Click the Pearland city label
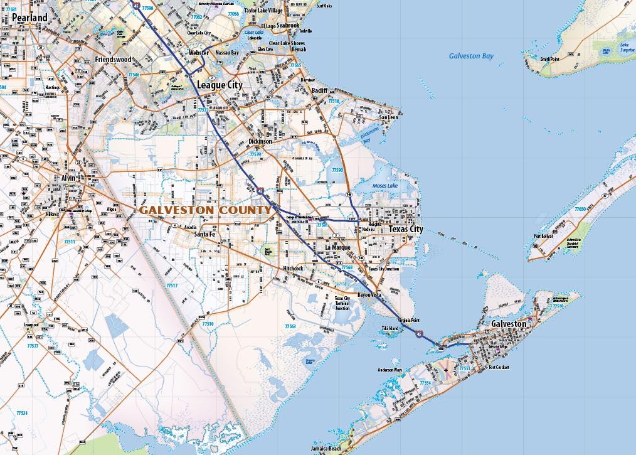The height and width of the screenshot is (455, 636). (x=29, y=18)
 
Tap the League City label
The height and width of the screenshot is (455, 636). (x=220, y=84)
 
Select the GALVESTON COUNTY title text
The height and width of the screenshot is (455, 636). (x=205, y=210)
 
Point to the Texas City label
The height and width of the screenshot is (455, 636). (x=405, y=230)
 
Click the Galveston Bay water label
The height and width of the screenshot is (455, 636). (x=471, y=56)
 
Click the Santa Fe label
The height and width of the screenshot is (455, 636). (x=204, y=234)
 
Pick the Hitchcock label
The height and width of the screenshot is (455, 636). (x=293, y=269)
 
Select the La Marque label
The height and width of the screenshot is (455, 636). (x=337, y=247)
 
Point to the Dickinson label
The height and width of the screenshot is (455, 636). (x=260, y=142)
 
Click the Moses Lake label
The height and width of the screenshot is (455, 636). (x=385, y=186)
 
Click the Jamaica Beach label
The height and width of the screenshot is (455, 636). (x=326, y=449)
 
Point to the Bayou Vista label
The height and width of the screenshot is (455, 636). (x=369, y=294)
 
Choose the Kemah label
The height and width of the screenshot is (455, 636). (x=299, y=49)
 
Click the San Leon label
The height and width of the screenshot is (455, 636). (x=389, y=117)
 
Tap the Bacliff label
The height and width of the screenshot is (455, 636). (x=320, y=90)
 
